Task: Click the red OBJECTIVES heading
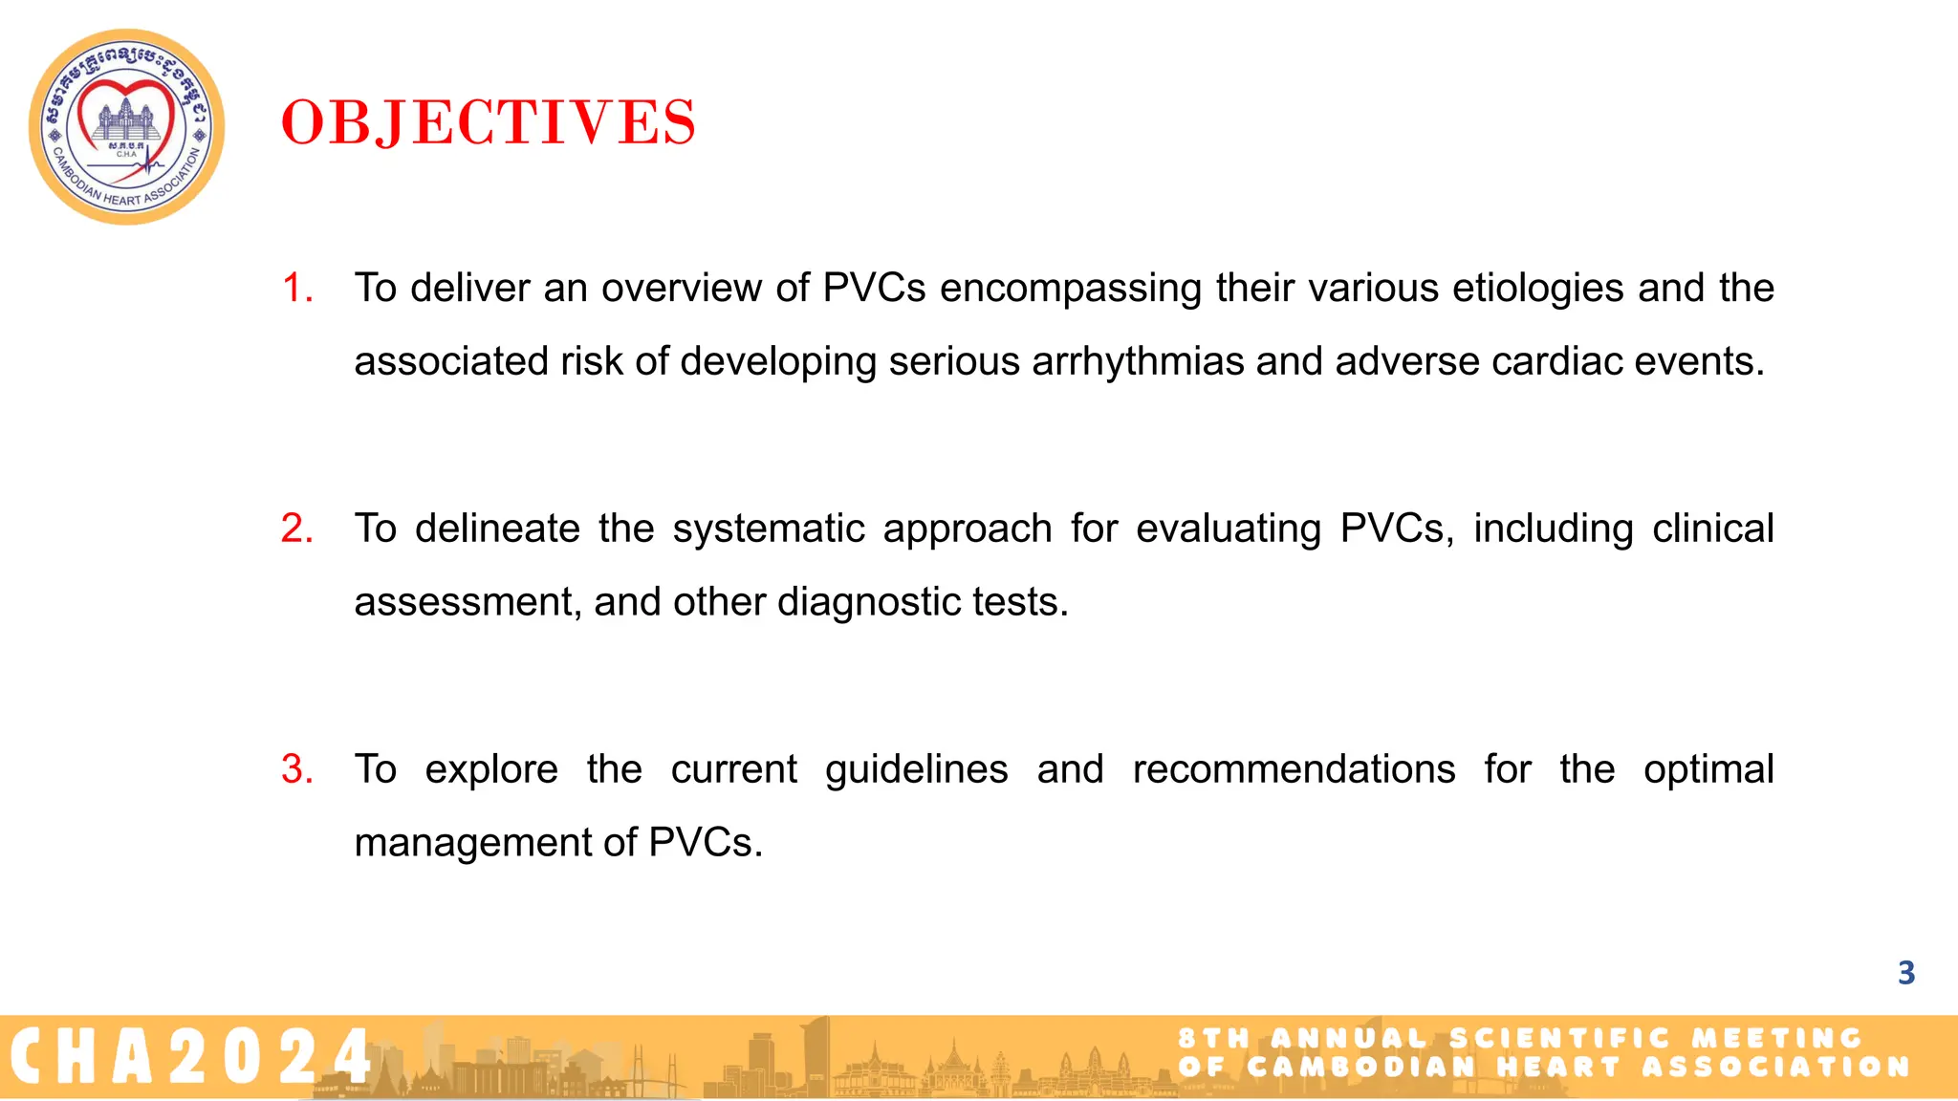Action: click(x=489, y=123)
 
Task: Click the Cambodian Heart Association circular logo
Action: click(x=127, y=127)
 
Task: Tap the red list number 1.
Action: click(x=296, y=288)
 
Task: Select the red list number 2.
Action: click(x=296, y=529)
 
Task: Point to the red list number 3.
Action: click(x=296, y=769)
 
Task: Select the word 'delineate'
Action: click(x=497, y=529)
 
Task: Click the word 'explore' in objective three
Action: click(x=491, y=769)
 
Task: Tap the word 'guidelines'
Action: click(x=916, y=769)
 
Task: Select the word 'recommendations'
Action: click(x=1294, y=769)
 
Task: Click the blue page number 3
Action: click(x=1905, y=973)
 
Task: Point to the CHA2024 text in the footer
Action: click(x=191, y=1057)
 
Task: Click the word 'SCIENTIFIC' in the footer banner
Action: click(x=1559, y=1039)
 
